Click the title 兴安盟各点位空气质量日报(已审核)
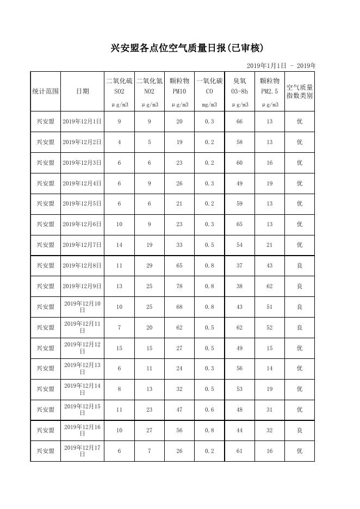point(187,48)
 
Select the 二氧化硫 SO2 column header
point(119,86)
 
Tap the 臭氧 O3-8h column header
point(239,86)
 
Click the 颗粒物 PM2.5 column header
point(269,86)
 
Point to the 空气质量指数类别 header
point(299,91)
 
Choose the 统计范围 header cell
point(46,91)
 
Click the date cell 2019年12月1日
point(82,122)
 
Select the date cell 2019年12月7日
point(82,245)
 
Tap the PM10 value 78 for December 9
point(179,287)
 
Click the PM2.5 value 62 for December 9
point(269,287)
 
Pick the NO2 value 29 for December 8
point(150,266)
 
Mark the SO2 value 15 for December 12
point(120,348)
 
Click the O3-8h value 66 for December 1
point(239,122)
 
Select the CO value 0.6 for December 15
point(209,410)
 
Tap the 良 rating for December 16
point(299,431)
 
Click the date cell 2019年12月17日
point(82,451)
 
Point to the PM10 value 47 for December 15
point(179,410)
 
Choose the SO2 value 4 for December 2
point(120,142)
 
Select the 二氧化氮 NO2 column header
point(150,86)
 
